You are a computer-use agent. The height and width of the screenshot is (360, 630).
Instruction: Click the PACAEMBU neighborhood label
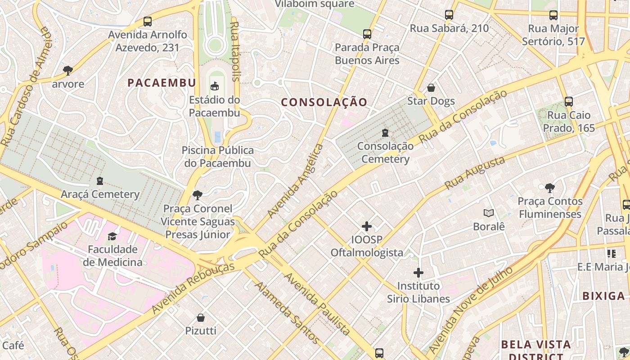click(162, 83)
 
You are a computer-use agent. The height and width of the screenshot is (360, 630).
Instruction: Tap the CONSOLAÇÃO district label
click(324, 102)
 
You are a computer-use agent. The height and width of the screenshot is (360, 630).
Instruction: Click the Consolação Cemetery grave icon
click(385, 133)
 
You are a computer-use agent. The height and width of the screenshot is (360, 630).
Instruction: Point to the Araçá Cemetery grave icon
click(100, 181)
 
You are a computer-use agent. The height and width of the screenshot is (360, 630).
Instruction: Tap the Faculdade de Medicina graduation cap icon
click(112, 236)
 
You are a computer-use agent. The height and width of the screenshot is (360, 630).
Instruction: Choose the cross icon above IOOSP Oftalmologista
click(367, 226)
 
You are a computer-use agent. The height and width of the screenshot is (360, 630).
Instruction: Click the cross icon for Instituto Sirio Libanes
click(418, 273)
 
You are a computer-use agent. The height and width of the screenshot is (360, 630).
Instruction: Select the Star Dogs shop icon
click(431, 88)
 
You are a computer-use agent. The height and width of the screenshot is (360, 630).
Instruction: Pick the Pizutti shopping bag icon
click(201, 318)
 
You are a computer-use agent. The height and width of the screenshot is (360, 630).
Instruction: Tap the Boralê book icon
click(489, 213)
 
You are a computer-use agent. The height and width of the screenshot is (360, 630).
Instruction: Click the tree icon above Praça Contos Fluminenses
click(549, 188)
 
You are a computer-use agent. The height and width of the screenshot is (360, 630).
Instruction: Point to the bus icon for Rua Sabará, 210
click(449, 15)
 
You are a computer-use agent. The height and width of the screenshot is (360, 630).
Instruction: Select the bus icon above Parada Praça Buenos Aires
click(367, 34)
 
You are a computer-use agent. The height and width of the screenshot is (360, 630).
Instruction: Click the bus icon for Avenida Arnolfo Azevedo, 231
click(147, 21)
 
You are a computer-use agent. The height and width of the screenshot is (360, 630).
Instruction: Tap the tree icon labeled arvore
click(68, 70)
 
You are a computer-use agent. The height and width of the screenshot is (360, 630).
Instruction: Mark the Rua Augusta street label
click(474, 173)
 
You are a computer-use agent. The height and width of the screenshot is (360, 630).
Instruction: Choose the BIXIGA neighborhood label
click(603, 296)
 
